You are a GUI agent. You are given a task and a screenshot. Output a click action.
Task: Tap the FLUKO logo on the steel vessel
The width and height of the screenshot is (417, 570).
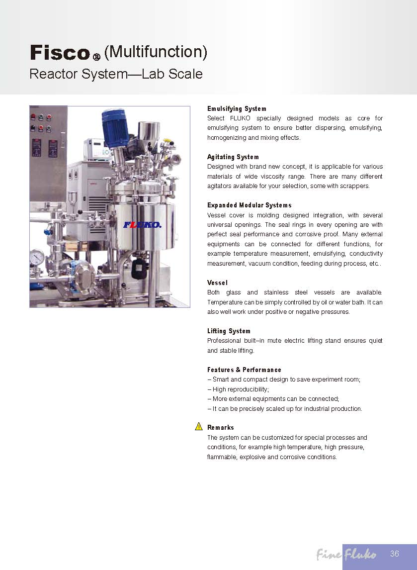[x=143, y=225]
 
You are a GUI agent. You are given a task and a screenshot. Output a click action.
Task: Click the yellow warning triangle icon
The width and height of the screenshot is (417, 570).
[x=199, y=427]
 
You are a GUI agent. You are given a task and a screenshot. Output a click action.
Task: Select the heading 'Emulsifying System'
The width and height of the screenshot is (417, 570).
[x=237, y=108]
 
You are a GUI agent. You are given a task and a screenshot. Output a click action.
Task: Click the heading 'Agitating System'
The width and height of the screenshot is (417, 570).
[x=233, y=157]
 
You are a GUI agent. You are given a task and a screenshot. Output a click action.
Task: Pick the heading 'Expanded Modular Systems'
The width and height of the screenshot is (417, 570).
[x=249, y=205]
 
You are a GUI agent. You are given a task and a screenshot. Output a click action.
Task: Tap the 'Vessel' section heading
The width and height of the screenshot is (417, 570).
[x=217, y=283]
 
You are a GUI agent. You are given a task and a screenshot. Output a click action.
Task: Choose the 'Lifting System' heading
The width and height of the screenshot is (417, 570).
[x=229, y=331]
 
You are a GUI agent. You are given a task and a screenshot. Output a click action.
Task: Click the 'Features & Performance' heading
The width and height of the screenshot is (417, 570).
[x=244, y=370]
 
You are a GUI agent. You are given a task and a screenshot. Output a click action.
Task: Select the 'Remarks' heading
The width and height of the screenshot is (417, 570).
[x=221, y=427]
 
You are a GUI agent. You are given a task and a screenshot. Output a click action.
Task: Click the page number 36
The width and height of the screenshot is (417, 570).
[x=395, y=554]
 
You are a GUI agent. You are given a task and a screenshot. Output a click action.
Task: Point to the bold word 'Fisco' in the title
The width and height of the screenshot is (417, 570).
[x=60, y=52]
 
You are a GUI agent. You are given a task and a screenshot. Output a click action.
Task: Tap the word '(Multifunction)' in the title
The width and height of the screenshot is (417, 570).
[x=156, y=52]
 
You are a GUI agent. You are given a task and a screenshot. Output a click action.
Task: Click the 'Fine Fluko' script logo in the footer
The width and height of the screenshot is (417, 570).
[x=346, y=554]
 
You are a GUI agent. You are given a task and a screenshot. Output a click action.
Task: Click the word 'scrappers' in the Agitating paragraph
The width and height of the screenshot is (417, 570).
[x=354, y=186]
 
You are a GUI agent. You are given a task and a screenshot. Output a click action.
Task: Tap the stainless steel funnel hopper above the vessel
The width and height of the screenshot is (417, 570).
[x=147, y=131]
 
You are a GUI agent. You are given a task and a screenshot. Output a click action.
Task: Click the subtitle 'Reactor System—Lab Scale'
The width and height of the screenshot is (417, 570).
[x=116, y=74]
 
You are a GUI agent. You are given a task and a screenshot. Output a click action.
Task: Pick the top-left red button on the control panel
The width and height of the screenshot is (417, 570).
[x=33, y=117]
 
